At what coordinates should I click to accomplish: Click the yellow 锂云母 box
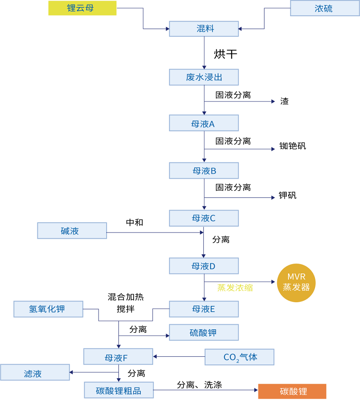(82, 8)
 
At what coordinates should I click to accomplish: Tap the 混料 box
(204, 29)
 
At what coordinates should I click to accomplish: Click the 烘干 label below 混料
(225, 54)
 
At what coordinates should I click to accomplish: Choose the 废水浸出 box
(204, 77)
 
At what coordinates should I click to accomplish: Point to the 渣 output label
(284, 101)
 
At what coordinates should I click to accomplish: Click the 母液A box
(204, 123)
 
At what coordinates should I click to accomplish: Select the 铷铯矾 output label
(292, 146)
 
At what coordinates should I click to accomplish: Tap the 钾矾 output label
(288, 195)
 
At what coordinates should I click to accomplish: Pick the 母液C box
(204, 218)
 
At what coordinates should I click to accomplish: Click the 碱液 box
(72, 231)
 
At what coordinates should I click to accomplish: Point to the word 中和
(135, 222)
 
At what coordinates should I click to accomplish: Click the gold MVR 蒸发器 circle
(296, 282)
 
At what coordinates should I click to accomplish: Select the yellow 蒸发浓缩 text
(235, 288)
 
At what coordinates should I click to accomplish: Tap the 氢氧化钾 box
(49, 309)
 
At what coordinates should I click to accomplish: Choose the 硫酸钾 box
(204, 333)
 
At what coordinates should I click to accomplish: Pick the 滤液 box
(34, 373)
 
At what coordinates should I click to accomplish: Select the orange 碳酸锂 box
(292, 391)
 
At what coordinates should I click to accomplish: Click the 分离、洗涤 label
(199, 385)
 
